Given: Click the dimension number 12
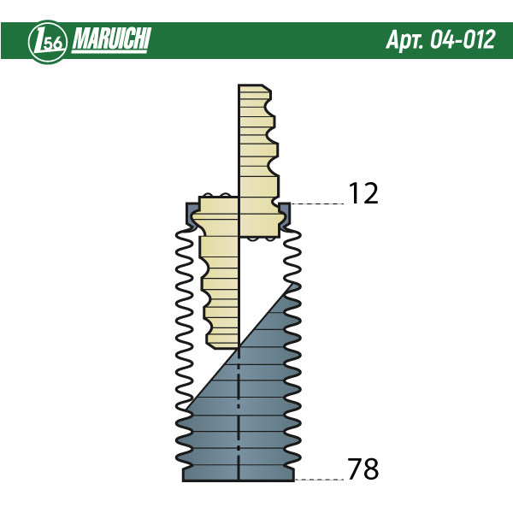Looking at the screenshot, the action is point(363,193).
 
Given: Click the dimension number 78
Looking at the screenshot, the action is point(363,469).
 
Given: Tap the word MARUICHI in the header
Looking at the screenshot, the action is point(111,38).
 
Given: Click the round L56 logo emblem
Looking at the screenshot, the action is point(48,42).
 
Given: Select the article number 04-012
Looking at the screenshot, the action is point(463,39).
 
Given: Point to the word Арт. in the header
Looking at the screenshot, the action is point(405,40).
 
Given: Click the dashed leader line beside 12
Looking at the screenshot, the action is point(317,203).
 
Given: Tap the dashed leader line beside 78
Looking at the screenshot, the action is point(319,480).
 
